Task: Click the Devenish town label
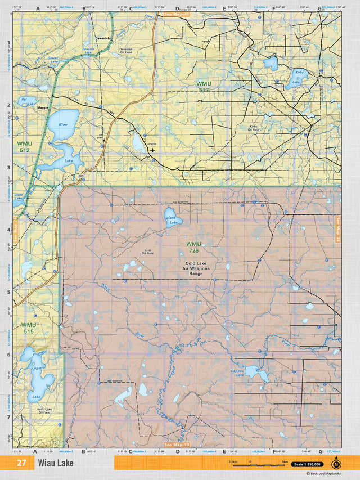102,38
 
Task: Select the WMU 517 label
203,87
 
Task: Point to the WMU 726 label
193,247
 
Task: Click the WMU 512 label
24,147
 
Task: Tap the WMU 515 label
29,328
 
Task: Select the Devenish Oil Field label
126,51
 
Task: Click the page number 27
21,463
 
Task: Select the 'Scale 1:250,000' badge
307,464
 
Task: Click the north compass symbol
336,464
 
